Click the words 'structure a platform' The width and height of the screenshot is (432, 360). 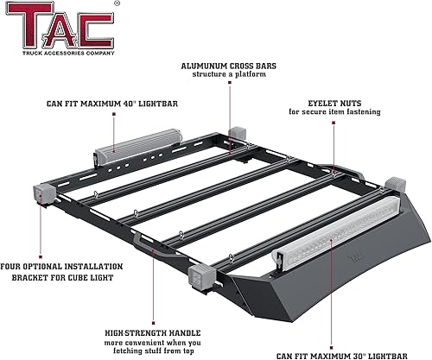click(229, 75)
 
